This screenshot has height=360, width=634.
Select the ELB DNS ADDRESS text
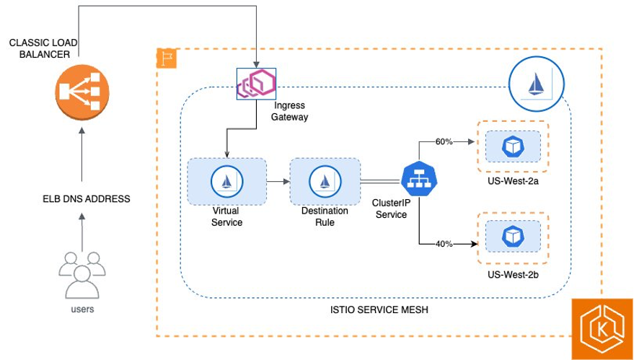87,198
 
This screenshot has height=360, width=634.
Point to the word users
82,309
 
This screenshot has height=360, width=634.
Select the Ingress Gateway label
289,111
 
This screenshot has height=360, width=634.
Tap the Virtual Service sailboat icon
227,181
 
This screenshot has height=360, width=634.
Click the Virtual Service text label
227,216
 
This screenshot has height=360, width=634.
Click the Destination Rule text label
325,216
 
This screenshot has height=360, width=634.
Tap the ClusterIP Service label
390,210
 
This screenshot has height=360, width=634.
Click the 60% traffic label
444,141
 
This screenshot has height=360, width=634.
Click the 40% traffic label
444,244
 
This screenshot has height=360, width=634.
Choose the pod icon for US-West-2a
511,147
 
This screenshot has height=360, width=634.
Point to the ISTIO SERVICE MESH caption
375,309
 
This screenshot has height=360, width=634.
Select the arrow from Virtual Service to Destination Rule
278,182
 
